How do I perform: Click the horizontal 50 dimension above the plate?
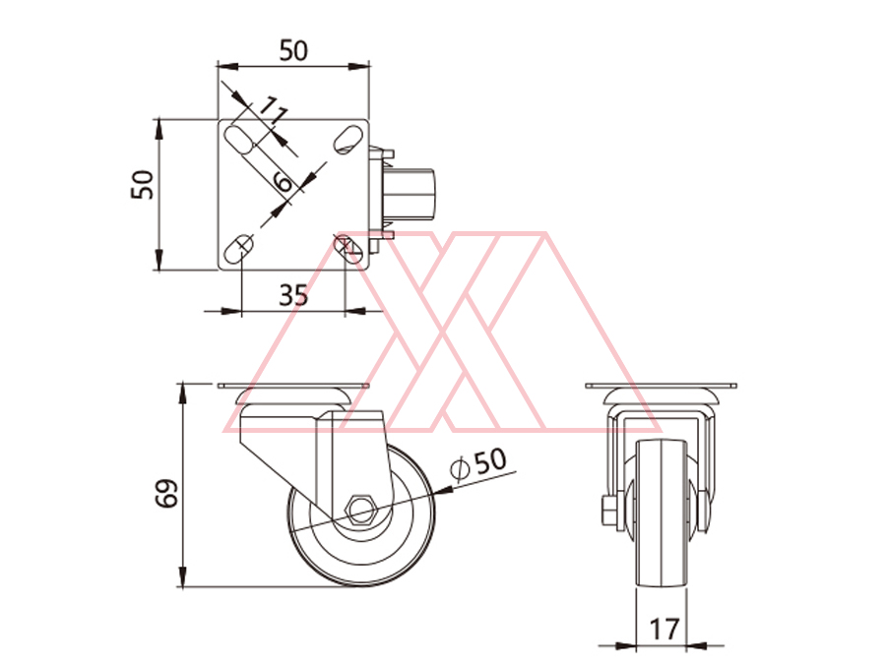293,51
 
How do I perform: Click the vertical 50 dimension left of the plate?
142,185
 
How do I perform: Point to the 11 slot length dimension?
273,111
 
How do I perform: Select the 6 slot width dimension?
283,182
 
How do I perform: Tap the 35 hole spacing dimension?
293,295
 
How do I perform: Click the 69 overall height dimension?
167,494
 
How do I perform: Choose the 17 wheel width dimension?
664,629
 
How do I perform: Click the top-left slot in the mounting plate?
239,140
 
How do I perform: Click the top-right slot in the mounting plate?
348,140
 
